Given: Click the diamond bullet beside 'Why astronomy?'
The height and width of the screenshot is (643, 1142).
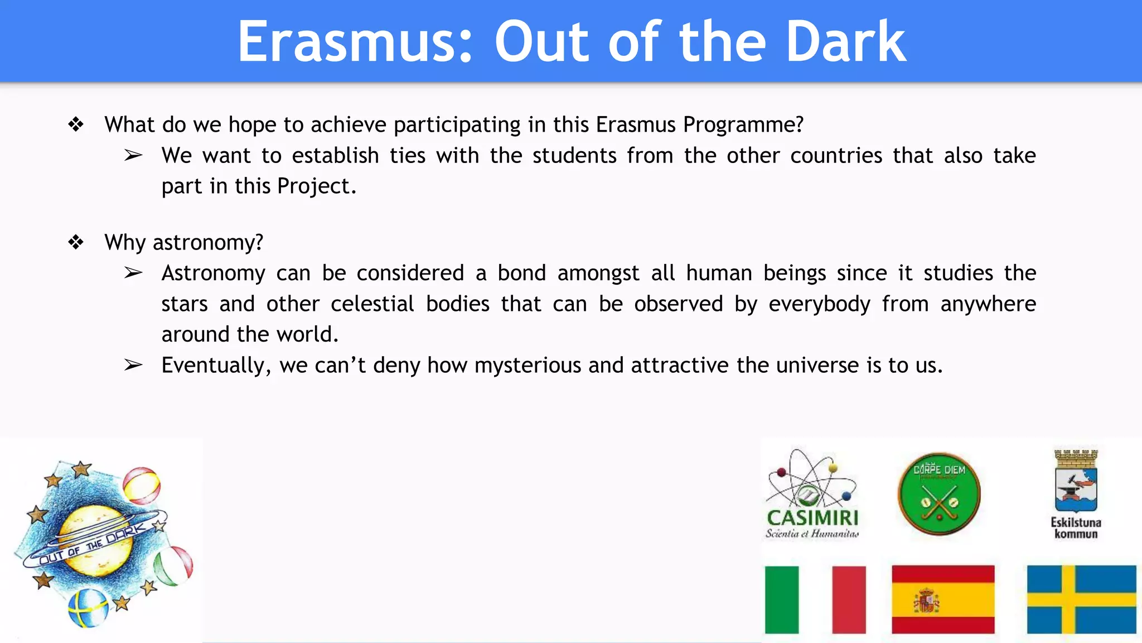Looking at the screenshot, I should [x=76, y=242].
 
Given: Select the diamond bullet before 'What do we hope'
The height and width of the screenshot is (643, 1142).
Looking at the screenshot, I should [x=76, y=124].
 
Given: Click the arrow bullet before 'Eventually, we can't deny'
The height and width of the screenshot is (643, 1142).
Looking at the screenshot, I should [x=133, y=365].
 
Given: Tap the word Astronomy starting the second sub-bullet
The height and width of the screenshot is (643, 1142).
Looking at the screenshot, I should [x=213, y=273].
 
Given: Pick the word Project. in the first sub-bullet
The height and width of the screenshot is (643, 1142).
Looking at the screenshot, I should [x=316, y=186].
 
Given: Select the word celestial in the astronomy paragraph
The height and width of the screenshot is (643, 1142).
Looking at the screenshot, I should [x=372, y=304].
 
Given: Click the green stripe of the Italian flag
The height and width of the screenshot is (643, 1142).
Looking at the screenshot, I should [x=781, y=599].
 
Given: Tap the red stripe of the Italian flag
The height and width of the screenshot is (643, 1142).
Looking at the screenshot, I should [x=849, y=599].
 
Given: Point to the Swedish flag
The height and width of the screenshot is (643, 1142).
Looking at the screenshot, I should [x=1081, y=599].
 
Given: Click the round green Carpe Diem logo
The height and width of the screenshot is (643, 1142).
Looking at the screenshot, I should [x=939, y=493].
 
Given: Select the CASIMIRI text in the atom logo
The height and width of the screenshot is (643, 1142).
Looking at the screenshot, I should [x=812, y=517].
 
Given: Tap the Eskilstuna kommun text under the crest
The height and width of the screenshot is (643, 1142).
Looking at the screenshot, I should [x=1076, y=528].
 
